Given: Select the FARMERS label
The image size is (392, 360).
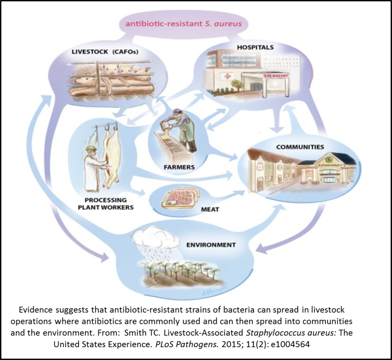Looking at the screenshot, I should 179,167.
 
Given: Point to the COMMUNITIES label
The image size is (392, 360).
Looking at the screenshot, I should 300,147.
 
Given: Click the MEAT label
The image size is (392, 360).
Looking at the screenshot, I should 210,209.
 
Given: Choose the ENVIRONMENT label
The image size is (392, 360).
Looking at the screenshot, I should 211,244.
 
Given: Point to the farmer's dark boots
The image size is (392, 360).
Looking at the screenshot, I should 191,146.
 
